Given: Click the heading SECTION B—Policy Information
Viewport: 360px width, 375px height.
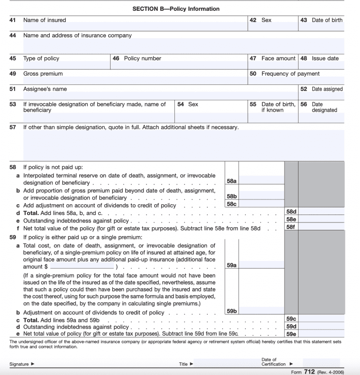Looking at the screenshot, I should click(x=176, y=9).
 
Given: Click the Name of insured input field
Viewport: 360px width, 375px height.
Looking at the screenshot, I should click(x=135, y=27).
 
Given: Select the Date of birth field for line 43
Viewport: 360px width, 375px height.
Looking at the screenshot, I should click(x=321, y=27).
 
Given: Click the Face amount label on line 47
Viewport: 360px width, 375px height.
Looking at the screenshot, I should click(x=278, y=59).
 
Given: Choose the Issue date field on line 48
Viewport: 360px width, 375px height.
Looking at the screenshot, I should click(x=321, y=66).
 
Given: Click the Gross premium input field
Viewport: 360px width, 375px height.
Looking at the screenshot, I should click(x=135, y=81).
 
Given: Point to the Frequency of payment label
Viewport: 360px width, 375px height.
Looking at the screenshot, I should click(x=290, y=74).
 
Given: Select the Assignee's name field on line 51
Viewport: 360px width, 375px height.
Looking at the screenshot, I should click(x=159, y=96).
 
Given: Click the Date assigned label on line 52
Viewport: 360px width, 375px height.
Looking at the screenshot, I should click(x=327, y=89).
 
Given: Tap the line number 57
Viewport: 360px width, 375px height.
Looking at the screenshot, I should click(x=13, y=127).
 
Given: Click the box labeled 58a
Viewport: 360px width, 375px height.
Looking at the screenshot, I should click(x=231, y=181).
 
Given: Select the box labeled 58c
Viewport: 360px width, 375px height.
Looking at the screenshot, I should click(x=231, y=204).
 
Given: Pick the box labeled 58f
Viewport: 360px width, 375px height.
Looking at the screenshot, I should click(x=291, y=227).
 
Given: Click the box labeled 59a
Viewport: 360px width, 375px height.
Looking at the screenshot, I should click(x=231, y=265).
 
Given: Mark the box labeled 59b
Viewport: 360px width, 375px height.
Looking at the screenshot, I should click(x=231, y=311).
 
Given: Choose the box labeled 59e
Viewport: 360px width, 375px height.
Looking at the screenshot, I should click(x=291, y=334).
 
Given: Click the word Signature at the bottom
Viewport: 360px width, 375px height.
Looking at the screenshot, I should click(x=19, y=364).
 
